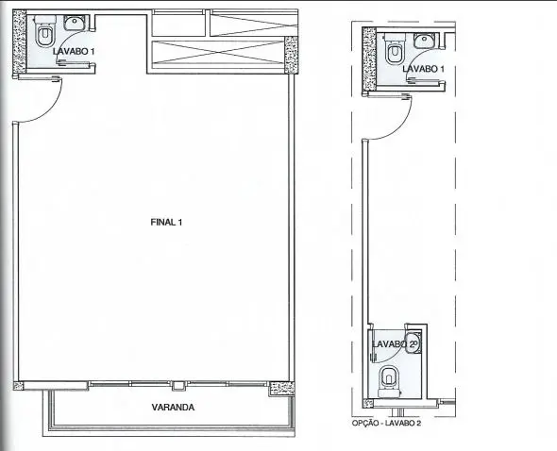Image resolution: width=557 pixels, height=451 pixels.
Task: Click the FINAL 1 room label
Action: [x=166, y=223]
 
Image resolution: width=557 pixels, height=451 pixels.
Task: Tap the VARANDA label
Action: [x=173, y=407]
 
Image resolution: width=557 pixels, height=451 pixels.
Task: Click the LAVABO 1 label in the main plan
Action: [x=74, y=51]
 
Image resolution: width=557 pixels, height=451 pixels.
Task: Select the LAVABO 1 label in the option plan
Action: [x=423, y=69]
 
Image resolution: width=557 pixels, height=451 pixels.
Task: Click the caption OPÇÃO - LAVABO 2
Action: [x=386, y=423]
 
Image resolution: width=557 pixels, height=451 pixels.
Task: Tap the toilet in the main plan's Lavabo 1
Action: [x=45, y=31]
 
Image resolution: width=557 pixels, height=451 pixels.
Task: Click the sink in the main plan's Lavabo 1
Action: [x=75, y=24]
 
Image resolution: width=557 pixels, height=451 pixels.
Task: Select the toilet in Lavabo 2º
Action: [x=389, y=381]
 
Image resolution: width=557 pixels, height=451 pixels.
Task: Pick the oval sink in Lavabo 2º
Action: [x=412, y=342]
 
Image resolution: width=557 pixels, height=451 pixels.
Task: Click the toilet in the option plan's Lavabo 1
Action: [x=395, y=49]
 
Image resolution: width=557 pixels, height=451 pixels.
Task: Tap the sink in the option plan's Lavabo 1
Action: [x=425, y=41]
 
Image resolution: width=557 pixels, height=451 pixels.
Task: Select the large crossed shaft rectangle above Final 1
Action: [x=218, y=53]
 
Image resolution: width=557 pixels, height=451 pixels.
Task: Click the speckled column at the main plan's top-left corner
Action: [x=19, y=43]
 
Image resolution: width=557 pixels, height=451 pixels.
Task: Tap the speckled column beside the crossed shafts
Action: [x=292, y=55]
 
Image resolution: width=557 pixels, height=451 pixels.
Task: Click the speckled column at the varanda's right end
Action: [x=281, y=389]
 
